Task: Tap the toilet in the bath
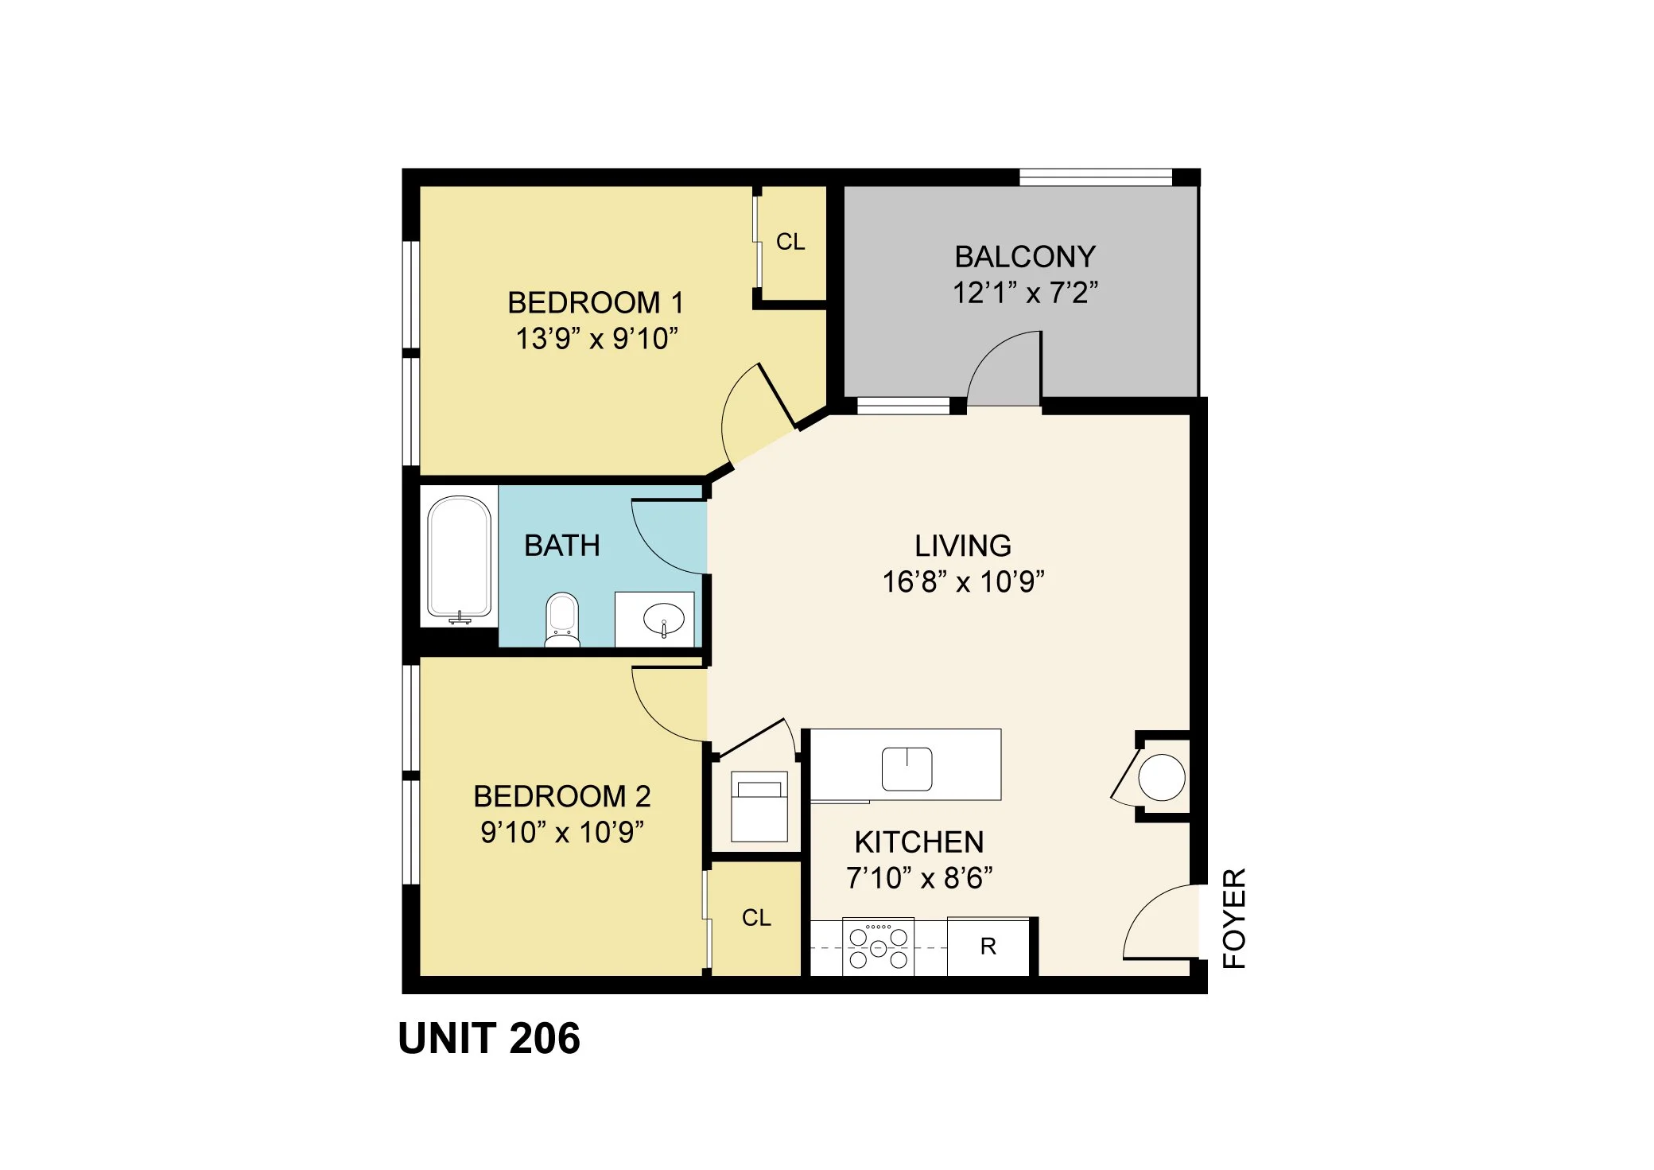tap(562, 620)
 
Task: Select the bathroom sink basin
tap(663, 619)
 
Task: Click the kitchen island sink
tap(907, 768)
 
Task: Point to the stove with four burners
tap(878, 946)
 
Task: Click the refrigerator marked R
tap(988, 946)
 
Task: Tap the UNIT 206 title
tap(489, 1038)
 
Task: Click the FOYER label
tap(1233, 918)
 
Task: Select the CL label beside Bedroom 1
tap(790, 242)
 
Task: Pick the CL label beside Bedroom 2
tap(756, 918)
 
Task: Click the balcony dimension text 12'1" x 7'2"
tap(1025, 293)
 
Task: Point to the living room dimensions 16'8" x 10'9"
tap(963, 581)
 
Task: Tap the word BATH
tap(562, 546)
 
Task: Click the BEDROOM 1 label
tap(596, 302)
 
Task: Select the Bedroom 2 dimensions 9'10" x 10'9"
tap(561, 832)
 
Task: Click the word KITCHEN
tap(919, 842)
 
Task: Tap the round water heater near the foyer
tap(1162, 777)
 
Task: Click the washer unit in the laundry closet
tap(759, 807)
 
